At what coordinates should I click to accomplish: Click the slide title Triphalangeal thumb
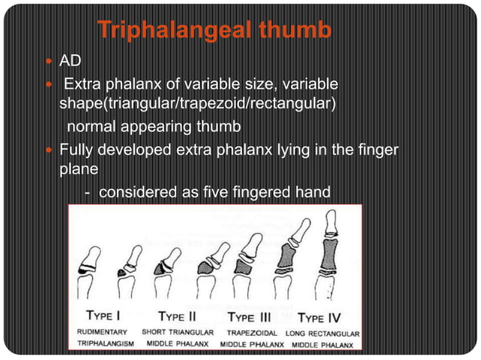215,31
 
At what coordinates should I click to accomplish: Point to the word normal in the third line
93,122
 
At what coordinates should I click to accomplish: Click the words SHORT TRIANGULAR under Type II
178,332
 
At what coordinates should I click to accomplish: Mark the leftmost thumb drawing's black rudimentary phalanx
83,268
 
